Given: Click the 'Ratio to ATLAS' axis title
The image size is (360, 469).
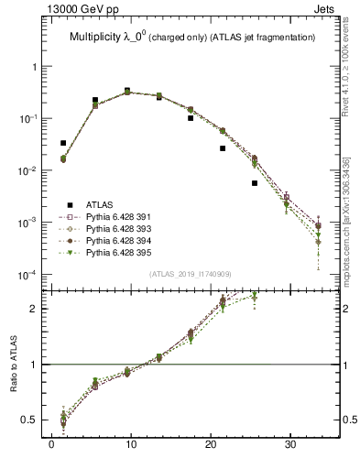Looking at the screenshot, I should [x=16, y=364].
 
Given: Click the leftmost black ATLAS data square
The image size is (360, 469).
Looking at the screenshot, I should [x=62, y=143].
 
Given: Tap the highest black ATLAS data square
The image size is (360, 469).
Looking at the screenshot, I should [x=126, y=91].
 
